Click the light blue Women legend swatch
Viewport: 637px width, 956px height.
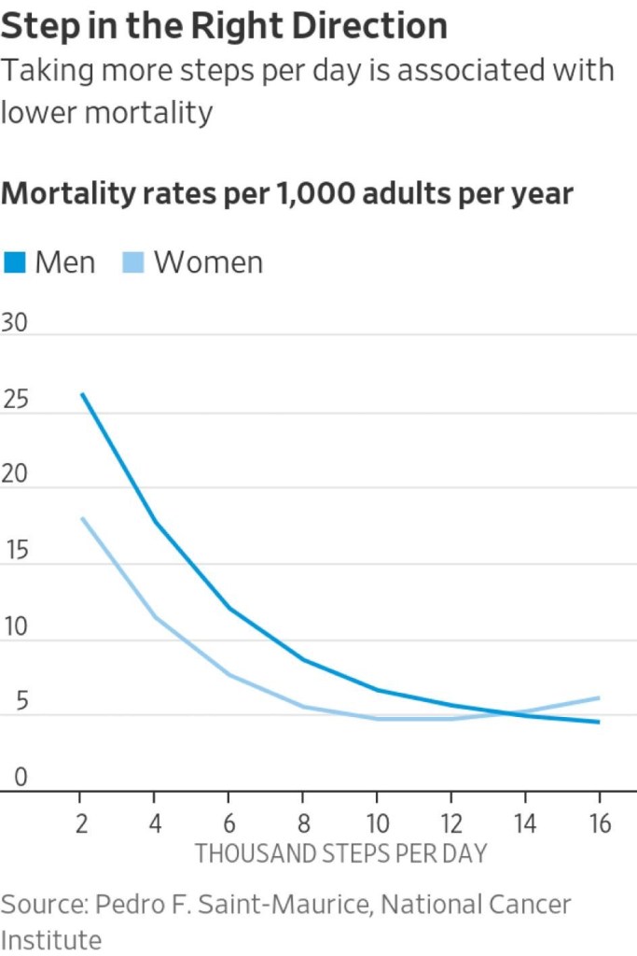coord(134,263)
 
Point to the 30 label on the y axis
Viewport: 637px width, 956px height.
coord(16,324)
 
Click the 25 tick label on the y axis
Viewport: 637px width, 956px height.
coord(16,401)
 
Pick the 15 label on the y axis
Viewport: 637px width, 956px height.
coord(16,551)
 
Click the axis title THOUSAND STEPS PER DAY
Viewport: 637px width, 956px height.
coord(340,853)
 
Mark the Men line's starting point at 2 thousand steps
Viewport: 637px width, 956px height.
coord(82,394)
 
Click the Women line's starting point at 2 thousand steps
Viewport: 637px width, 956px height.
coord(82,518)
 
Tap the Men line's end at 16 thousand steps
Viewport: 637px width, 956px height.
coord(598,722)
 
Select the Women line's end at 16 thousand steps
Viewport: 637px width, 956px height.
coord(598,697)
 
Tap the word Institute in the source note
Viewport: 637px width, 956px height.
coord(51,937)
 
